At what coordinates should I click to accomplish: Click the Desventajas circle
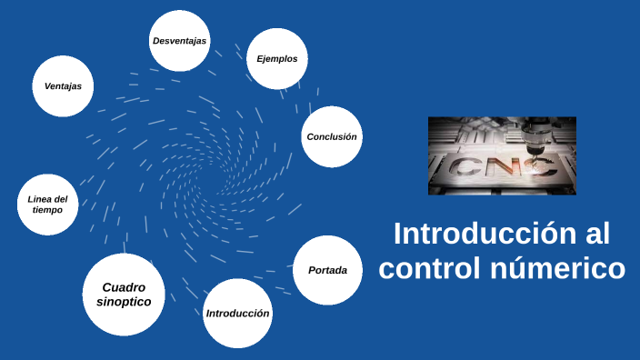pyautogui.click(x=179, y=41)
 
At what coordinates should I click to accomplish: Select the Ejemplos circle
pyautogui.click(x=276, y=59)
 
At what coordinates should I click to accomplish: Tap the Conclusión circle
pyautogui.click(x=331, y=136)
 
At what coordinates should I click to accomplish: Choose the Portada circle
pyautogui.click(x=327, y=270)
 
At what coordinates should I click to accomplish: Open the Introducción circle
pyautogui.click(x=237, y=313)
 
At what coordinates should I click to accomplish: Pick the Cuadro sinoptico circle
pyautogui.click(x=124, y=294)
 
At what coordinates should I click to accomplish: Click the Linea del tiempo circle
pyautogui.click(x=47, y=205)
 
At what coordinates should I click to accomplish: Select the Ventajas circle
pyautogui.click(x=63, y=86)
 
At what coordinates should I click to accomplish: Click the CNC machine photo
pyautogui.click(x=502, y=155)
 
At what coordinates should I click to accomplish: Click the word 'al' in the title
pyautogui.click(x=594, y=234)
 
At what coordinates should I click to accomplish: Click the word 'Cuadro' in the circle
pyautogui.click(x=124, y=286)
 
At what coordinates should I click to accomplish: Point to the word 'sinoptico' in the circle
pyautogui.click(x=124, y=301)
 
